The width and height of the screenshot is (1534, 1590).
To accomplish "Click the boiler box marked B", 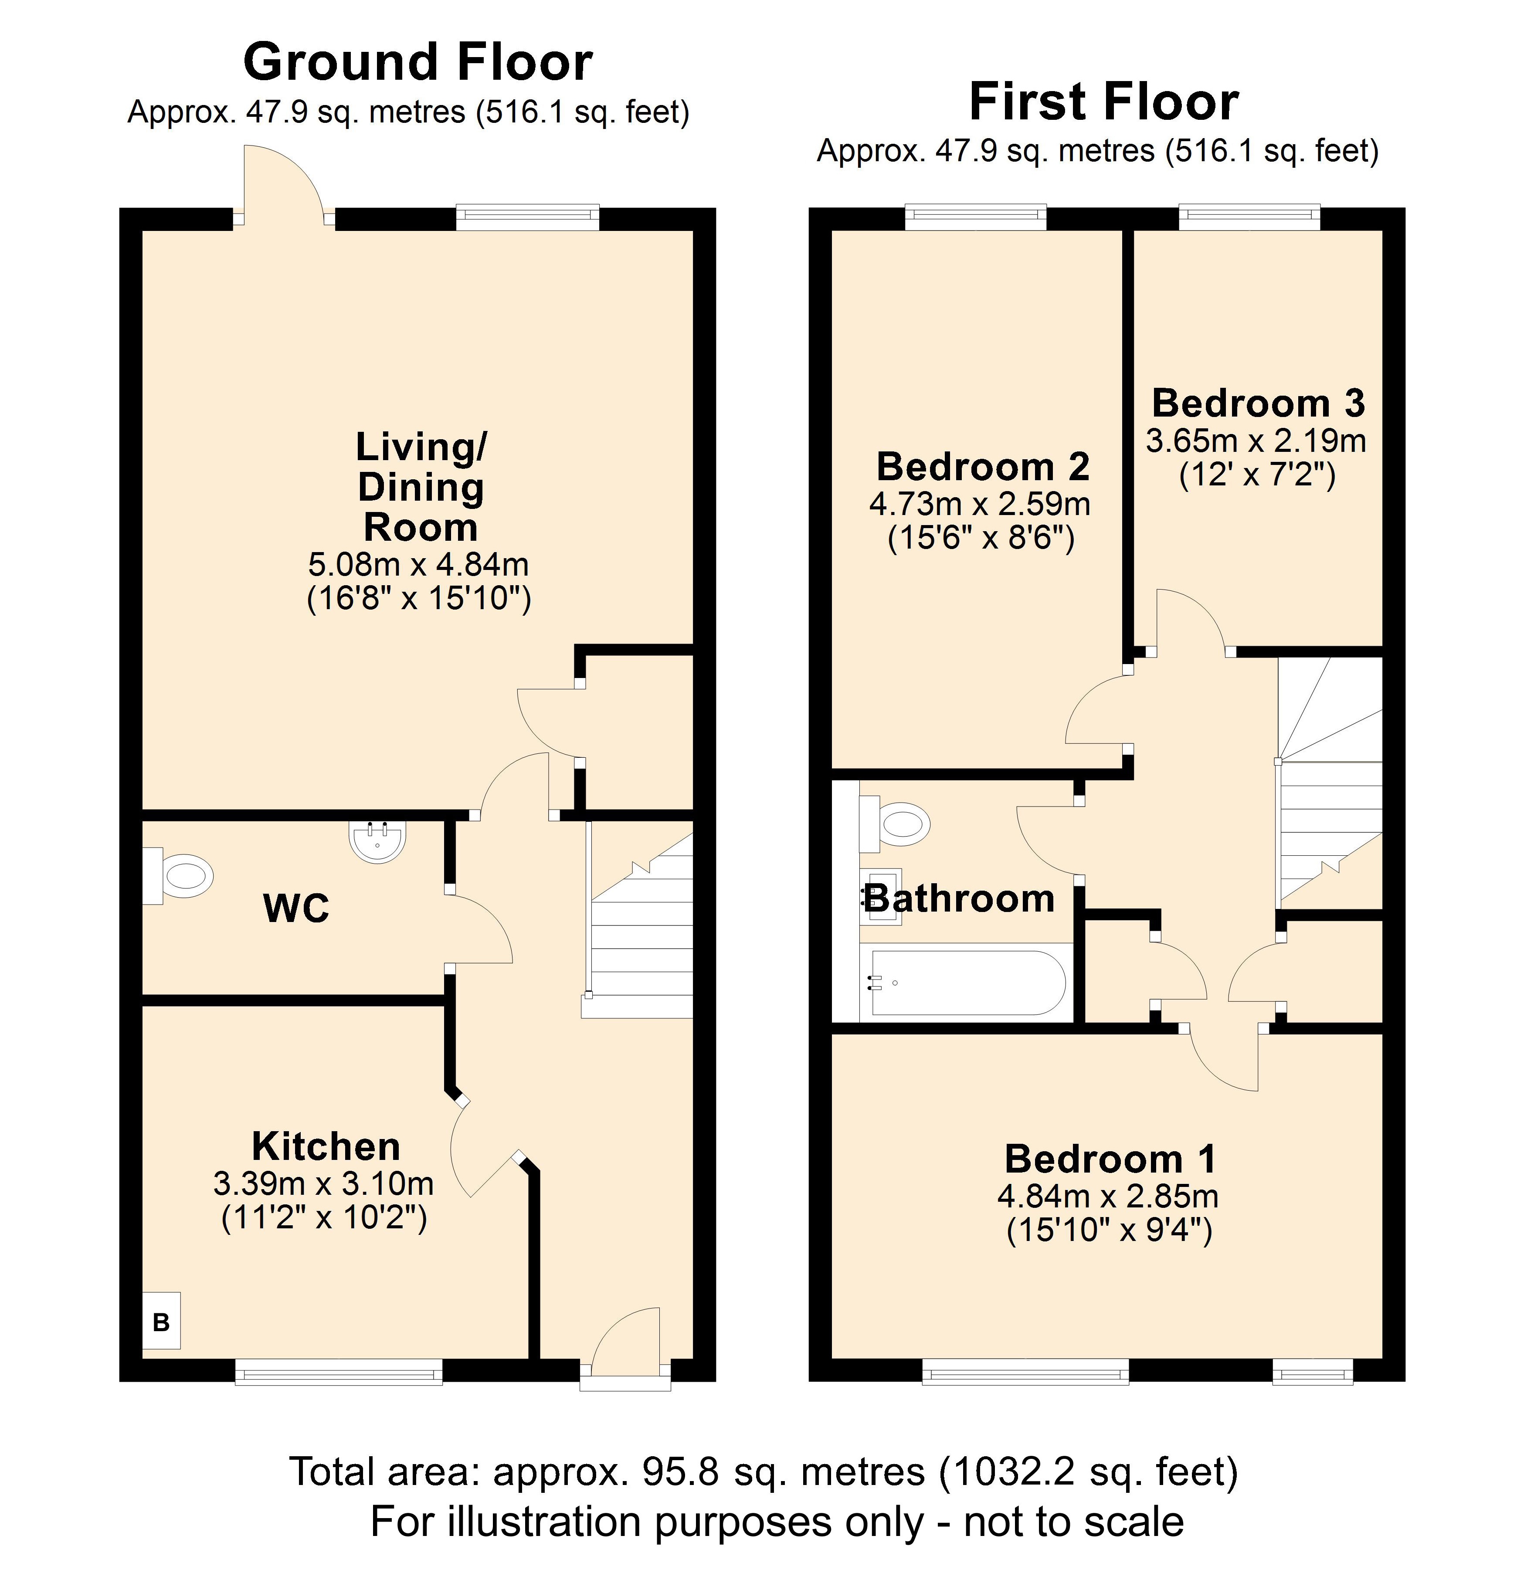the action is coord(161,1320).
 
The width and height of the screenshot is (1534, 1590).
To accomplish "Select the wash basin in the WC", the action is coord(377,841).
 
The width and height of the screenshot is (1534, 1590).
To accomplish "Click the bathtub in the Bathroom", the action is coord(965,982).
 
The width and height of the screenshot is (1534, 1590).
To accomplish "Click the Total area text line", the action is coord(764,1471).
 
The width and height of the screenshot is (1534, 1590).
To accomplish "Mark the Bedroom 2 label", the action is coord(983,466).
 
